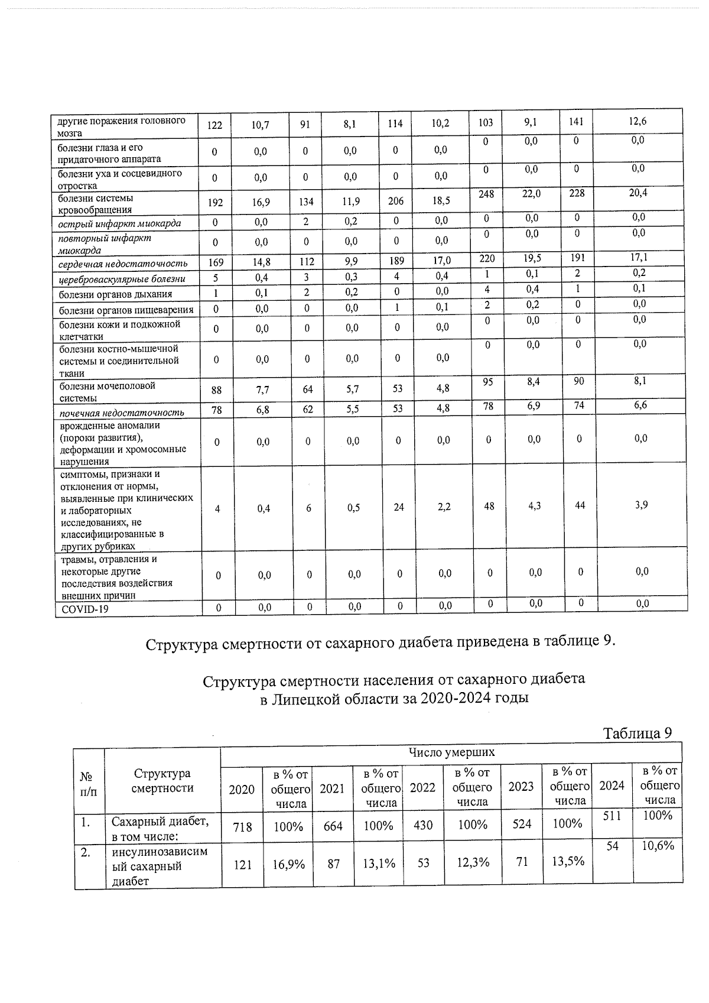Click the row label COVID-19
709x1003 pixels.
pyautogui.click(x=85, y=609)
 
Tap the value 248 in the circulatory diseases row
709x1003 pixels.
pyautogui.click(x=486, y=194)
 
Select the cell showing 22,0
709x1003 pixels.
pyautogui.click(x=531, y=194)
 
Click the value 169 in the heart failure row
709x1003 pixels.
pyautogui.click(x=216, y=262)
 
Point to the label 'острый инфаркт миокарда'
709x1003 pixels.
pyautogui.click(x=119, y=223)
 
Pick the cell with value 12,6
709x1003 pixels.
pyautogui.click(x=638, y=121)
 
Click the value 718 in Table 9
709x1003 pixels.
pyautogui.click(x=242, y=826)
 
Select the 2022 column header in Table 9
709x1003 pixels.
pyautogui.click(x=422, y=788)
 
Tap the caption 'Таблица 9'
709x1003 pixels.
pyautogui.click(x=637, y=733)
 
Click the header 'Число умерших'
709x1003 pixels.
pyautogui.click(x=451, y=752)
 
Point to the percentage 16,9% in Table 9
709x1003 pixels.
pyautogui.click(x=288, y=864)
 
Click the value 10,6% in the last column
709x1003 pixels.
pyautogui.click(x=658, y=846)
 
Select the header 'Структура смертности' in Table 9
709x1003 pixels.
pyautogui.click(x=162, y=781)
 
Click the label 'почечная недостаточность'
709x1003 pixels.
pyautogui.click(x=122, y=412)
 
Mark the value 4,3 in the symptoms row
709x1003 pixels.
pyautogui.click(x=534, y=507)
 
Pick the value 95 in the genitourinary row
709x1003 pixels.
pyautogui.click(x=487, y=382)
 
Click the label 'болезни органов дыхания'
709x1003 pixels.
pyautogui.click(x=116, y=294)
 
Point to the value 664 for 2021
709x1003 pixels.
pyautogui.click(x=333, y=826)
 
